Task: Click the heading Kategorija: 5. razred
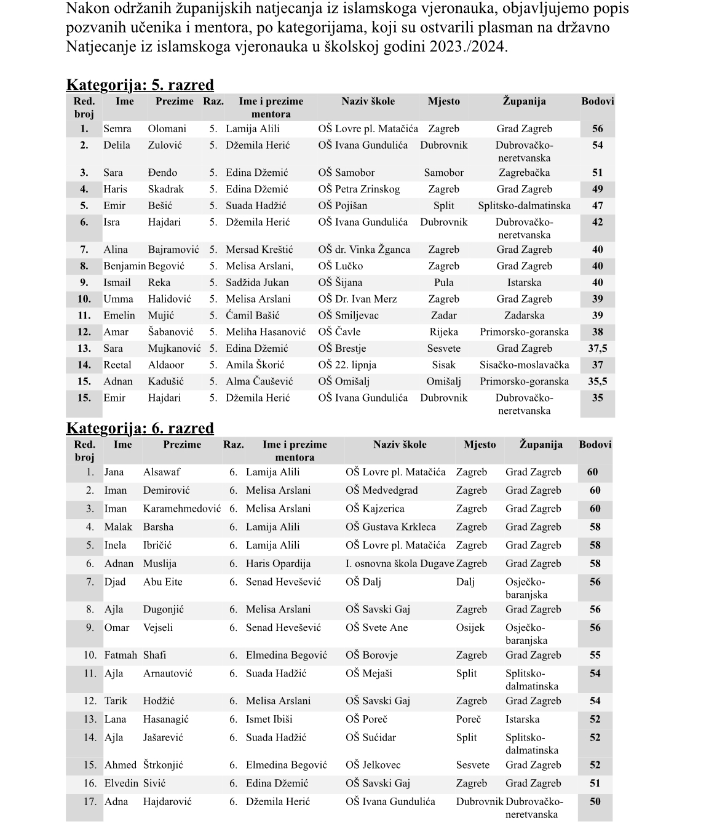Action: [140, 85]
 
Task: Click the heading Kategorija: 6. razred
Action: [140, 428]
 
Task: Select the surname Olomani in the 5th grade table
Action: [167, 129]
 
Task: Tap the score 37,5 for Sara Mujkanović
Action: [597, 348]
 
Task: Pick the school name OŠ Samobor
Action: [346, 173]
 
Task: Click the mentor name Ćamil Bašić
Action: [252, 315]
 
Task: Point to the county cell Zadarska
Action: [524, 315]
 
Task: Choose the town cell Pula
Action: [443, 282]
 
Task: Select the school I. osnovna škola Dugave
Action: [400, 563]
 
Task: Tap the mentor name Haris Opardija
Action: [278, 563]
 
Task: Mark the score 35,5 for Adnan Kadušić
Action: [597, 381]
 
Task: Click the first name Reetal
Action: [117, 365]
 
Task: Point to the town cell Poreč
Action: [468, 719]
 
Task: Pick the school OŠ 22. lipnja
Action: [347, 365]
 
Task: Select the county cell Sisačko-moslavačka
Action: [524, 365]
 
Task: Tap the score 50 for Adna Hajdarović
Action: [595, 801]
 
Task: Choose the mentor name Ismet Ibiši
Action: [269, 719]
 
